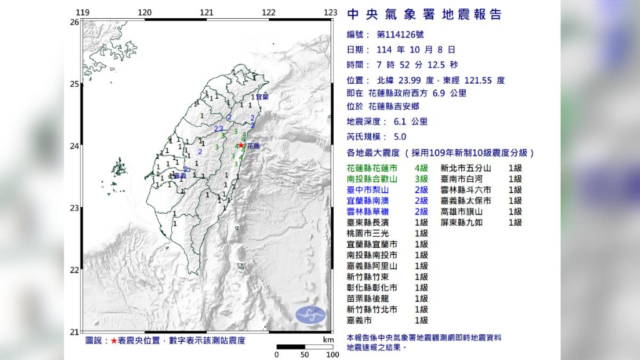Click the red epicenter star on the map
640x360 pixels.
pos(241,145)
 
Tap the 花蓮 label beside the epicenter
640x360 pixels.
pos(252,146)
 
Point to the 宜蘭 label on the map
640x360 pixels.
pos(261,97)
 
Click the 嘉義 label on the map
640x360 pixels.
pos(181,176)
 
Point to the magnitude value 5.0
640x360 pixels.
pos(400,137)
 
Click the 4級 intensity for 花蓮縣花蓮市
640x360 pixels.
pos(421,168)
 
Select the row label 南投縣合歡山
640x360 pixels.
pos(372,179)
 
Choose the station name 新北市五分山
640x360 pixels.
pos(466,168)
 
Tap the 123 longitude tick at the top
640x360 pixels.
pos(331,12)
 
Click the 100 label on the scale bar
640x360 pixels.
pos(331,354)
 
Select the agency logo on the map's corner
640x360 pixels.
pos(311,315)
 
